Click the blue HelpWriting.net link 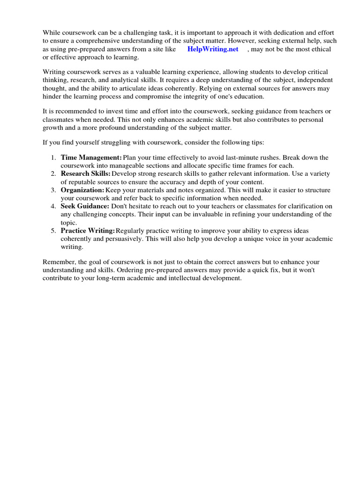tap(212, 49)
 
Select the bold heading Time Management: tap(91, 157)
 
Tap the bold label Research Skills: tap(85, 174)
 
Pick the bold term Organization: tap(82, 190)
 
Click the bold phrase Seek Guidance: tap(85, 206)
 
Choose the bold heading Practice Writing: tap(88, 231)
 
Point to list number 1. tap(53, 157)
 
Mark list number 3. tap(53, 190)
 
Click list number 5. tap(53, 231)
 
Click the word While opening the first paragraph tap(52, 32)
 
